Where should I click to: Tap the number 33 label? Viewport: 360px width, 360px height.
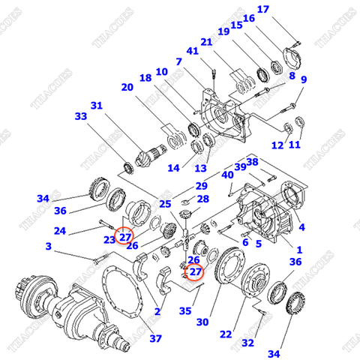tap(80, 116)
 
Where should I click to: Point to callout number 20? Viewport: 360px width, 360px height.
tap(127, 87)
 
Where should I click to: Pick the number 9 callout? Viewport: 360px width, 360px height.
tap(304, 80)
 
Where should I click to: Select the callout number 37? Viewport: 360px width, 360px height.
tap(155, 338)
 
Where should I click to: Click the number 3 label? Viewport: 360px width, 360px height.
tap(48, 246)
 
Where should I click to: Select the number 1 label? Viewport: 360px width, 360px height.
tap(300, 250)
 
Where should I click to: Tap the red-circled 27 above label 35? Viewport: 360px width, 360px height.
tap(195, 272)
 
